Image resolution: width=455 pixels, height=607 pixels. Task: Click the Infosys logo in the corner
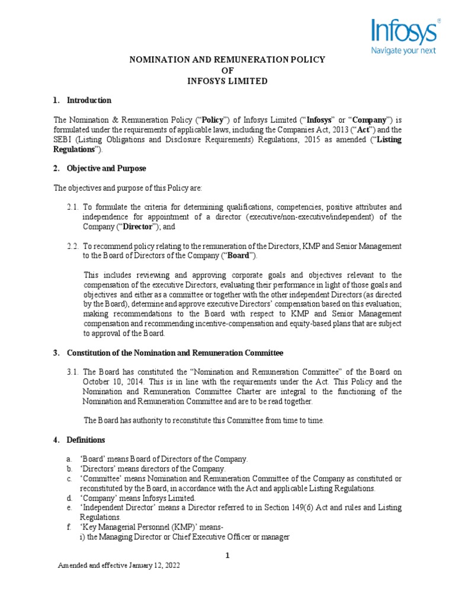[405, 32]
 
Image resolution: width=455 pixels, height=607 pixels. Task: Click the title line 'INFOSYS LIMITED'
[228, 81]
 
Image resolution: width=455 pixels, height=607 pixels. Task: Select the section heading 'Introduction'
[89, 100]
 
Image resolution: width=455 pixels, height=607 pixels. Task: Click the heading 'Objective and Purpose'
[106, 169]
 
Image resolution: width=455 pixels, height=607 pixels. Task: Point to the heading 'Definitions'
[86, 440]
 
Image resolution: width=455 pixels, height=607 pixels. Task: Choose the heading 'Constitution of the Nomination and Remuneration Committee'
[175, 353]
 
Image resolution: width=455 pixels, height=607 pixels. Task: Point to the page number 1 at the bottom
[227, 555]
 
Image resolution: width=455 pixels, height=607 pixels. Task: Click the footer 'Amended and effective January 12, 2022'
[118, 566]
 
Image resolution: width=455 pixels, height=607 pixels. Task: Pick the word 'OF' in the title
[228, 70]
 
